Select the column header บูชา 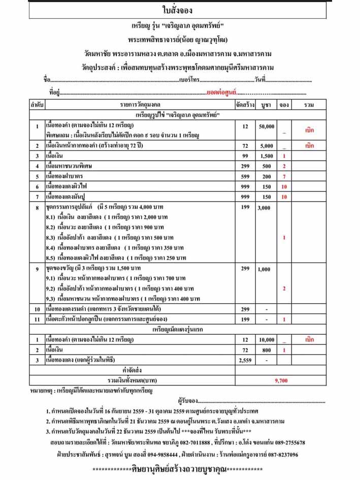click(266, 105)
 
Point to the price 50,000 click(267, 126)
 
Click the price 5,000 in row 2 click(267, 145)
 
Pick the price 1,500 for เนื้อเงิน click(267, 156)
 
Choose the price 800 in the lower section click(267, 350)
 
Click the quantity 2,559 click(245, 360)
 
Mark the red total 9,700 click(281, 379)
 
